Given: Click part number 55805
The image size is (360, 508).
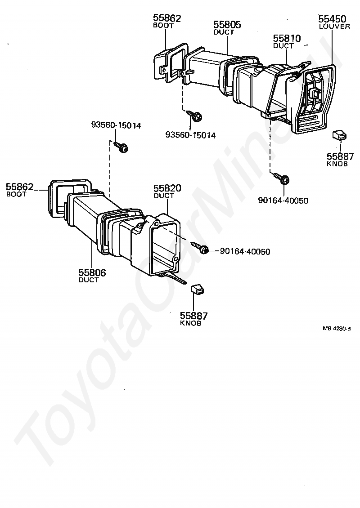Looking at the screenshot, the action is [x=227, y=25].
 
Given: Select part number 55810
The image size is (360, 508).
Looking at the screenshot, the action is [x=287, y=39].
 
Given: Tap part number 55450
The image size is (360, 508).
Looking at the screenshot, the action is [x=332, y=19].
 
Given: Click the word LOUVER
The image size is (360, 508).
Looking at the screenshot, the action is [x=334, y=27].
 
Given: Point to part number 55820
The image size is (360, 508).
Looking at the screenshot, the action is [x=167, y=188].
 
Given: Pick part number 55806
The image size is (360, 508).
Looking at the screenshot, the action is [x=92, y=272].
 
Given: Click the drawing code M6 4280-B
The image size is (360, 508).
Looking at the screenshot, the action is [x=337, y=329].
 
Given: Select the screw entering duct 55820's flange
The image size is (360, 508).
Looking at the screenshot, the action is [x=201, y=248].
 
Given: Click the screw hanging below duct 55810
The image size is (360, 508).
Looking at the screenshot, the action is [x=283, y=179].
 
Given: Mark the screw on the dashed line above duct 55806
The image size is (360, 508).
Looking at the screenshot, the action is [x=121, y=147].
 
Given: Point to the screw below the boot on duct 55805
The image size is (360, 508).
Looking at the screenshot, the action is [x=195, y=116].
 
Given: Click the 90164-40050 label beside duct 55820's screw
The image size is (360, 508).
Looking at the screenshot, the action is [x=245, y=252].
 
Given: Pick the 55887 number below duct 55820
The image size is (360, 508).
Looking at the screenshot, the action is [x=193, y=316].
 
